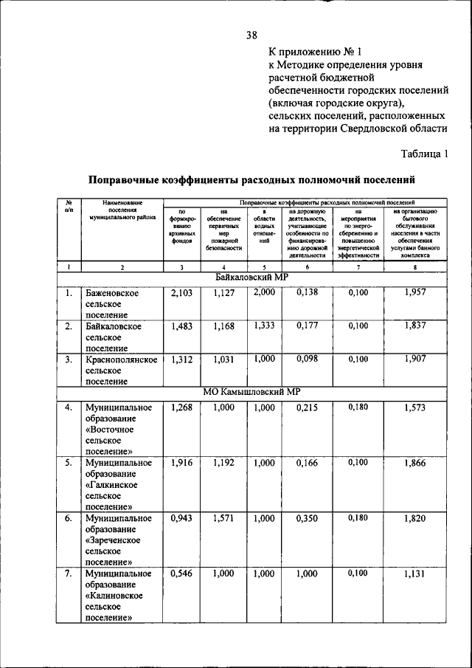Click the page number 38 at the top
[x=251, y=35]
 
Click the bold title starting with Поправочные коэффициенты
[x=251, y=179]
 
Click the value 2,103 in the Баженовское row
[x=181, y=293]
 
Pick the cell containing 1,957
[x=415, y=293]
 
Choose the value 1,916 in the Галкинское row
[x=181, y=463]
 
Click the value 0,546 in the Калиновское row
[x=181, y=574]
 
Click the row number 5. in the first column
[x=68, y=463]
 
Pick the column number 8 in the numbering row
[x=415, y=267]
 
